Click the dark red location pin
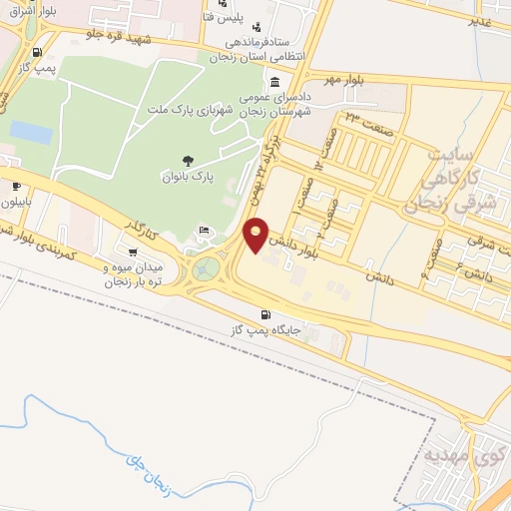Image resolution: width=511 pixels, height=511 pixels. coord(256,235)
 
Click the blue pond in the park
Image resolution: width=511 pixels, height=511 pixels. coord(31,131)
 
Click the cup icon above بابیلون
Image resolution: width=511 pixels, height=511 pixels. coord(17,185)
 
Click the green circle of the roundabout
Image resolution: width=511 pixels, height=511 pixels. coord(205,268)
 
